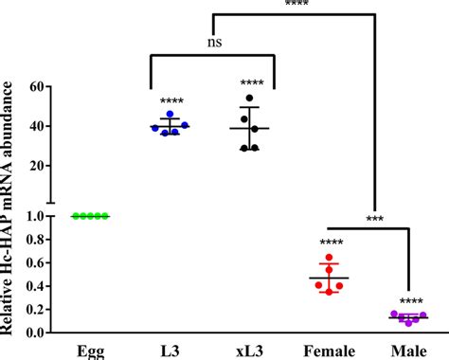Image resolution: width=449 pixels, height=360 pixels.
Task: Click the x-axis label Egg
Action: click(92, 351)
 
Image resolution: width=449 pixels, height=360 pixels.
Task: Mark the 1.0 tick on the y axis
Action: click(34, 216)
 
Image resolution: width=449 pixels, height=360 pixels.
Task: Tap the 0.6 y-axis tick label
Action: click(34, 262)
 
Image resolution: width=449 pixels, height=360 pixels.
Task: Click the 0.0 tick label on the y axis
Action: click(34, 333)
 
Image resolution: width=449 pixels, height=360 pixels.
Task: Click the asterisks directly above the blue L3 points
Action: click(171, 101)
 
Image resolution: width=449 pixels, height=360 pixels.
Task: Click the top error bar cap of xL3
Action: click(250, 107)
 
